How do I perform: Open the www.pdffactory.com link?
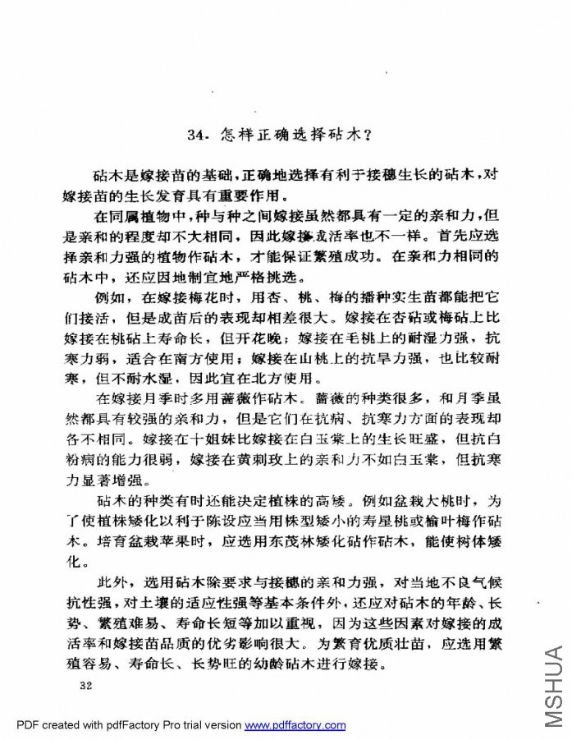295,725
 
